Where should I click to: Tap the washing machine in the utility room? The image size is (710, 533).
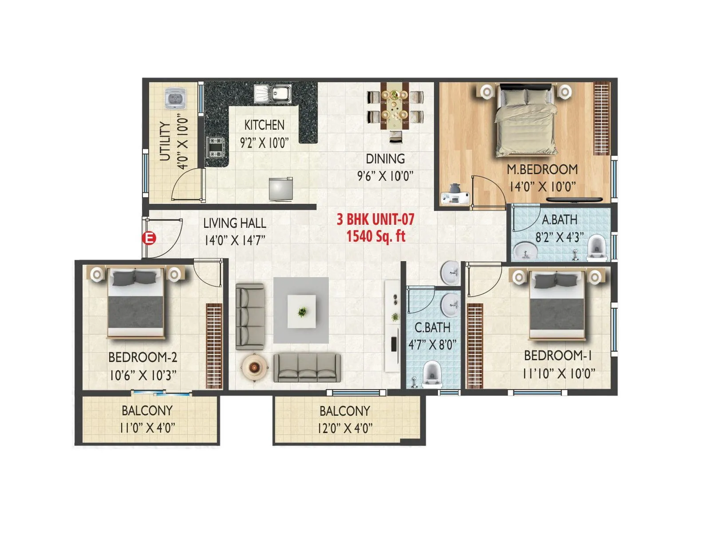(176, 99)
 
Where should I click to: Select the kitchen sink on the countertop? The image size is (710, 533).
(273, 94)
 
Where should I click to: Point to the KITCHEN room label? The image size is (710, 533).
(264, 125)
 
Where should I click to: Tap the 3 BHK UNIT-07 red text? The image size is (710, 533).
(375, 219)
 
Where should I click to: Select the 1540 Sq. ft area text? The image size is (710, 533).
(375, 236)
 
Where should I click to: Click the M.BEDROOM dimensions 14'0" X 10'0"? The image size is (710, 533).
(542, 187)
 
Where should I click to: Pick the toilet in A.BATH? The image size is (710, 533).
(597, 249)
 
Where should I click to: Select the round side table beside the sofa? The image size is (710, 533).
(255, 367)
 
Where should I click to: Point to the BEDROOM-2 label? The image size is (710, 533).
(143, 357)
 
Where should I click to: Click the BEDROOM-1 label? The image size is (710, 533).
(558, 355)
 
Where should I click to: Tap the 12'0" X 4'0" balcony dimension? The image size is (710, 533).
(345, 428)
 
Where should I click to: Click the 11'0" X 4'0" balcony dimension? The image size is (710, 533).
(147, 428)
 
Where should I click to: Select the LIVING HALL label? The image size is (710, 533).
(235, 223)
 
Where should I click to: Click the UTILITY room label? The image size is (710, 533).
(165, 141)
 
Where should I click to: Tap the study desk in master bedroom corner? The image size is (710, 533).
(455, 195)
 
